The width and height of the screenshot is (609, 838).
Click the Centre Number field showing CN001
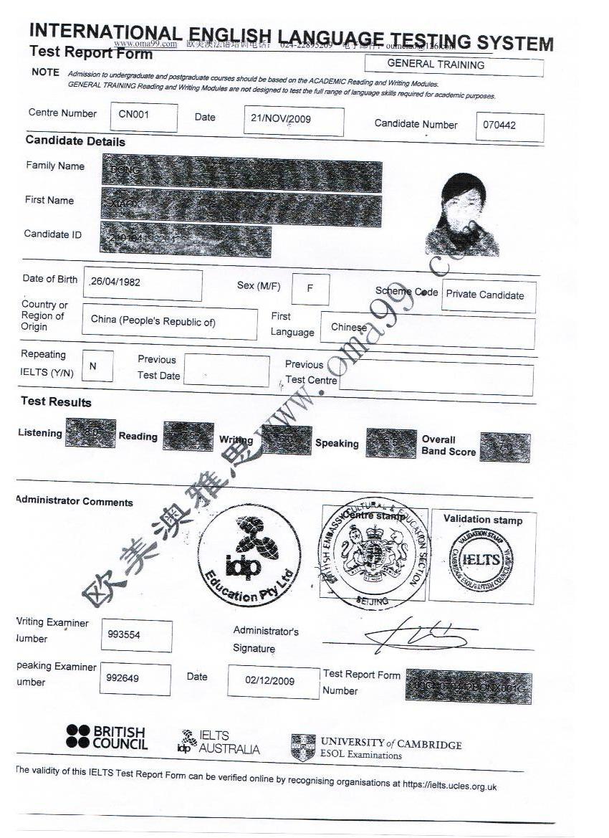coord(143,117)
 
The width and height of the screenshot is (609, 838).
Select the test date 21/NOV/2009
coord(292,120)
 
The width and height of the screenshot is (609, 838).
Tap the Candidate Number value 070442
coord(509,127)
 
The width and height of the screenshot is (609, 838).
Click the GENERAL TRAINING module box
coord(454,65)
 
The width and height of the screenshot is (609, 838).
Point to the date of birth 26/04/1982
coord(143,284)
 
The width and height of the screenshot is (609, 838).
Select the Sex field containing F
coord(310,288)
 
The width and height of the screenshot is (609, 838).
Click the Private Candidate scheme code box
coord(488,295)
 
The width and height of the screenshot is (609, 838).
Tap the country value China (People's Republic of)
coord(169,323)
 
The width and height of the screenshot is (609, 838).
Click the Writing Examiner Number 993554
coord(136,636)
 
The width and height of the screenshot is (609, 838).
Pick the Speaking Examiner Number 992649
coord(135,679)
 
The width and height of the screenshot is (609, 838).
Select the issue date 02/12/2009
coord(273,682)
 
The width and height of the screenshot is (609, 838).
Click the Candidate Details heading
coord(75,142)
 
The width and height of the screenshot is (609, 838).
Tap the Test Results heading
coord(56,402)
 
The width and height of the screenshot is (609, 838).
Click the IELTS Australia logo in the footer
coord(218,743)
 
